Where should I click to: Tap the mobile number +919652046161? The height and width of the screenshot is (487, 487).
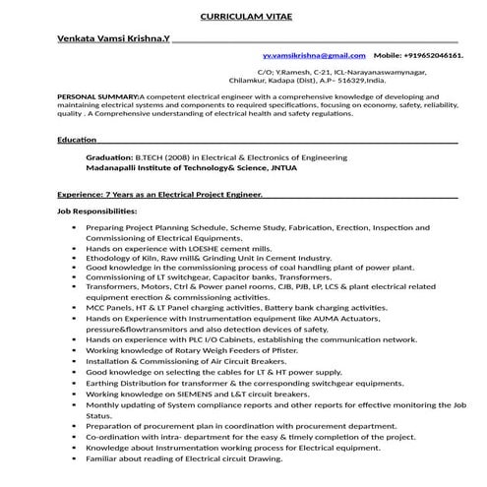click(432, 56)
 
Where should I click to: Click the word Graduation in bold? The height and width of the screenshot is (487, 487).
click(109, 157)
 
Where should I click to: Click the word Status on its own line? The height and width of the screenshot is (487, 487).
click(99, 415)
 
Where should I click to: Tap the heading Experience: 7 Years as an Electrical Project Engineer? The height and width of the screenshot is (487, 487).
click(159, 195)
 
